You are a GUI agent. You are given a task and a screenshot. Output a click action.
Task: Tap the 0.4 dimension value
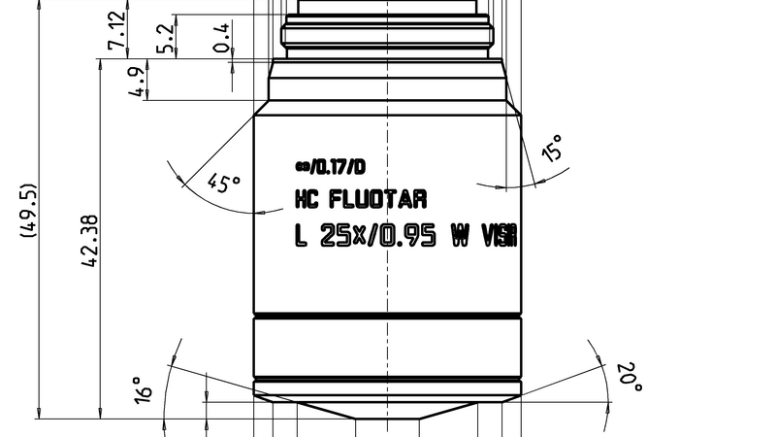point(222,38)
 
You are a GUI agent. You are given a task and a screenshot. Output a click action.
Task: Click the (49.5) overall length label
point(29,211)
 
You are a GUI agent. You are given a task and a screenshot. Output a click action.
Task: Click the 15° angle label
point(552,149)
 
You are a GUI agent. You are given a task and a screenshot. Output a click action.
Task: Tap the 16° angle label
point(145,390)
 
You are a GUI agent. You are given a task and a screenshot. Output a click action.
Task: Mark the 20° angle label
point(630,378)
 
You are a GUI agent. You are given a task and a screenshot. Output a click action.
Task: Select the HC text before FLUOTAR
point(307,200)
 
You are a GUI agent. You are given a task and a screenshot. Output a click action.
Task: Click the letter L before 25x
point(301,236)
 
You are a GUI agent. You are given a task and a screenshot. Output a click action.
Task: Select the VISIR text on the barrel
point(499,236)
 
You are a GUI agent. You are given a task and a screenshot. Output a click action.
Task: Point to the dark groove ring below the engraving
point(387,317)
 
